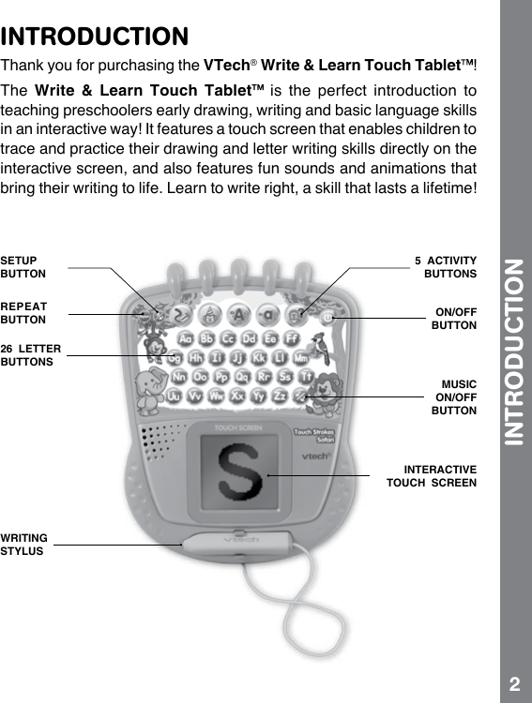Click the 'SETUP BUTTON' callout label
[x=23, y=267]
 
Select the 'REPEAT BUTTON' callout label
[x=23, y=312]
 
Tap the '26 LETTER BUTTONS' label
[x=31, y=354]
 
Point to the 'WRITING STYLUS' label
[x=24, y=545]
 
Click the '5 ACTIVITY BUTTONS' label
[x=447, y=267]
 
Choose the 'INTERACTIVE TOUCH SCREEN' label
[x=431, y=475]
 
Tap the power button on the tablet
[x=328, y=318]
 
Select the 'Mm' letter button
[x=302, y=359]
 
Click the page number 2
[x=514, y=681]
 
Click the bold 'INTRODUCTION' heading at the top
[x=95, y=37]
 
